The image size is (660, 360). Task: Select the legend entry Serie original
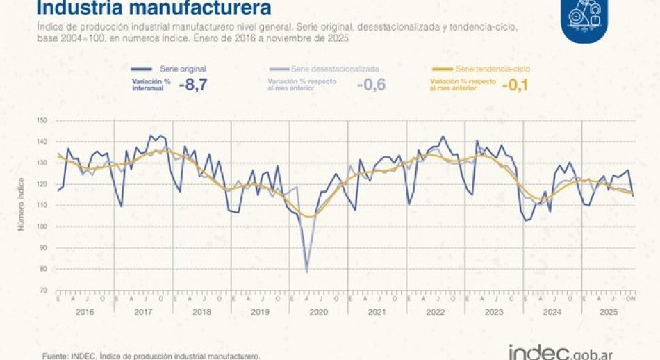[x=181, y=69]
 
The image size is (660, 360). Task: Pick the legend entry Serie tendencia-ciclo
[x=493, y=69]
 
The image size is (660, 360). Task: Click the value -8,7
[x=193, y=85]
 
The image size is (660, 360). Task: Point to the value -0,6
[x=371, y=85]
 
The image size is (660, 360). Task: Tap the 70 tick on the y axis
[x=43, y=290]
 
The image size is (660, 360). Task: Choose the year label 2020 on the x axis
[x=318, y=311]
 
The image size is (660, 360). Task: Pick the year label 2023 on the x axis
[x=494, y=311]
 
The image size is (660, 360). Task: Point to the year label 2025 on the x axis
[x=608, y=311]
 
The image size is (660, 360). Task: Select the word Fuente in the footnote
[x=55, y=356]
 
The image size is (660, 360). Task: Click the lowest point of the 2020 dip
[x=307, y=272]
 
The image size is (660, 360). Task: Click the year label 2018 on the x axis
[x=201, y=311]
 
